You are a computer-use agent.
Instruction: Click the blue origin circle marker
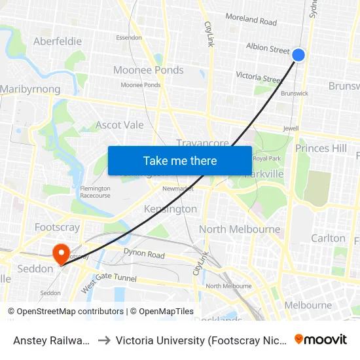pos(298,55)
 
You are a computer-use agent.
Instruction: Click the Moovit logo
pos(321,339)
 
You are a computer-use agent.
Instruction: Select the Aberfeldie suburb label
pos(58,41)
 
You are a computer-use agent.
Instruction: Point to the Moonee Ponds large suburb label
pos(149,70)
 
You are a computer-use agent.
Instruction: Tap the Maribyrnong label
pos(30,89)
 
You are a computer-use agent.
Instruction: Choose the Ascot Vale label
pos(120,124)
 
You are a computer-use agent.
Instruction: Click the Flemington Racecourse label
pos(96,192)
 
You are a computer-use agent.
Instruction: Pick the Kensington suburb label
pos(170,209)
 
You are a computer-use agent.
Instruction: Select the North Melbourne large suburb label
pos(240,229)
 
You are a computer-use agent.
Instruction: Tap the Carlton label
pos(328,238)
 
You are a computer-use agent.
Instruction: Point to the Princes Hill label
pos(321,149)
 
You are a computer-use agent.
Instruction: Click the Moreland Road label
pos(251,20)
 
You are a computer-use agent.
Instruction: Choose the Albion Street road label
pos(268,49)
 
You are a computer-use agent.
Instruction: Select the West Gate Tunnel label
pos(109,283)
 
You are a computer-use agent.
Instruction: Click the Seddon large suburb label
pos(35,268)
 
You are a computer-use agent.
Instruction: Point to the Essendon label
pos(129,37)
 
